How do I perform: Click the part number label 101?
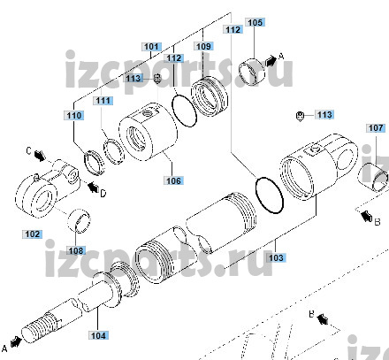click(151, 47)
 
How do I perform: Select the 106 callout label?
click(173, 180)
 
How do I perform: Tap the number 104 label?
click(98, 335)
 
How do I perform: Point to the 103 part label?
click(276, 257)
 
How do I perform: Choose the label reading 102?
click(33, 234)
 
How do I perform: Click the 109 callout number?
click(203, 46)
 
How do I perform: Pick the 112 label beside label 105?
click(233, 29)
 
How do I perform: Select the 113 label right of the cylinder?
click(324, 114)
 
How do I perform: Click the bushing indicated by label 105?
click(251, 73)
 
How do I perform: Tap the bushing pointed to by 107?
click(372, 177)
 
